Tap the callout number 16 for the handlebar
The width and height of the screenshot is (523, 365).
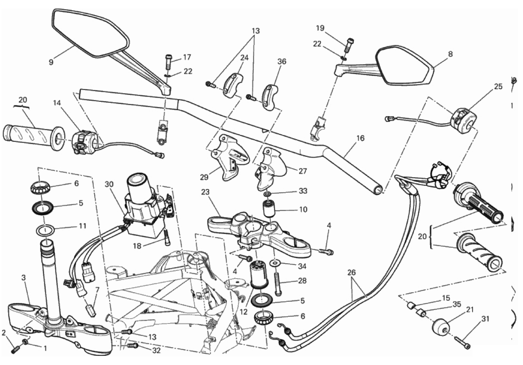[x=360, y=138]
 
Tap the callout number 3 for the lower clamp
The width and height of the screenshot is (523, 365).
[x=24, y=278]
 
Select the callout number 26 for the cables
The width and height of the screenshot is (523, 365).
[x=352, y=273]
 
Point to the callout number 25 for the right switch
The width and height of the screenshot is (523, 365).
[x=498, y=87]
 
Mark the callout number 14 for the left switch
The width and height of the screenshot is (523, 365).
[x=57, y=103]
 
